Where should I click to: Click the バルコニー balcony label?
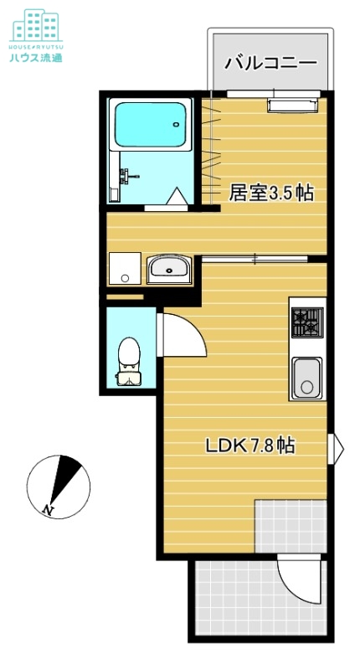270,64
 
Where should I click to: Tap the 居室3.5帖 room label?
271,193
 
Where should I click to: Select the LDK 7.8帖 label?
250,446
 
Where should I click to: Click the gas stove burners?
307,322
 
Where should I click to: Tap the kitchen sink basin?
306,379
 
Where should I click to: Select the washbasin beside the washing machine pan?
169,269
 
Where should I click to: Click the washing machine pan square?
125,268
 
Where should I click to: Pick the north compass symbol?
59,487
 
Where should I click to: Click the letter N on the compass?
48,509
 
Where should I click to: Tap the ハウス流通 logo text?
36,58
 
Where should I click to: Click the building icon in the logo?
36,25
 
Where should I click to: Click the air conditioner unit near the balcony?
293,106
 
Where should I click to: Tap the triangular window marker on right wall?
338,449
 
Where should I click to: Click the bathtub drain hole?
176,125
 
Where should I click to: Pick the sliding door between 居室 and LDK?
255,259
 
